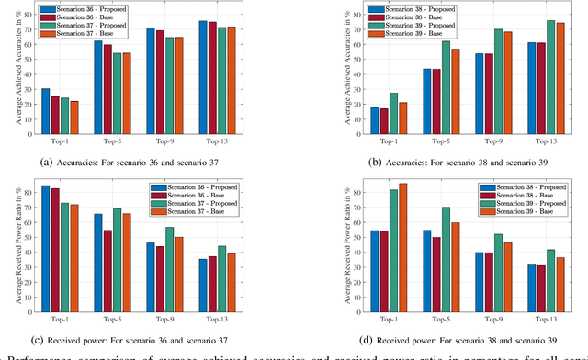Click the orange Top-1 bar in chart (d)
tap(403, 241)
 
